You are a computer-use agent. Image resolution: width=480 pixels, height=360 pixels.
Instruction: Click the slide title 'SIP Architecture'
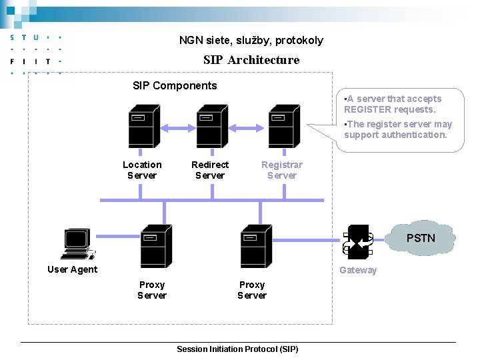[251, 60]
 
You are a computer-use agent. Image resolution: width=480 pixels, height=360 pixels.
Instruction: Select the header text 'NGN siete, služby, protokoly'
[251, 40]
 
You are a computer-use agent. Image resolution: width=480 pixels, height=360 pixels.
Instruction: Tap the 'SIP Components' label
[175, 85]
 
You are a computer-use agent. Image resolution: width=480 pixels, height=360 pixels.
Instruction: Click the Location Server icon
[144, 126]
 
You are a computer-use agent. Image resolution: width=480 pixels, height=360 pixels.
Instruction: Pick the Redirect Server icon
[212, 126]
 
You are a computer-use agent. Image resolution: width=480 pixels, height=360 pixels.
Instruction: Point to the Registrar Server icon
[284, 126]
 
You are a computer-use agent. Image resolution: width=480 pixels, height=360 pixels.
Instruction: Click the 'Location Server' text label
[142, 170]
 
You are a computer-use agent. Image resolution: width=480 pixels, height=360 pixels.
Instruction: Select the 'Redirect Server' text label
[210, 170]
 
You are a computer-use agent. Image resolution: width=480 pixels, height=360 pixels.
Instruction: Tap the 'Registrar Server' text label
[281, 170]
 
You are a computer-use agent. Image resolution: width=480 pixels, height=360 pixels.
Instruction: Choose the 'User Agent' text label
[72, 269]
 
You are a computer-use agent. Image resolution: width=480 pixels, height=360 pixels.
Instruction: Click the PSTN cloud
[421, 238]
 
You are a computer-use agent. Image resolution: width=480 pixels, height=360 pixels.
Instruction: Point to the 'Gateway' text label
[358, 270]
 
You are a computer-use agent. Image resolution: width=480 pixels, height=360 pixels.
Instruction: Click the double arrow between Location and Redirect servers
[178, 127]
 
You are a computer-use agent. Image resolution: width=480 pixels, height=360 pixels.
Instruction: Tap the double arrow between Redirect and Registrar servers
[248, 127]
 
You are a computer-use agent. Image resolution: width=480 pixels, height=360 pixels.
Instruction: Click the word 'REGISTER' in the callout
[367, 109]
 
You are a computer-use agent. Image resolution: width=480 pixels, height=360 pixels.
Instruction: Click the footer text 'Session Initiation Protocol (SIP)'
[237, 349]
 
